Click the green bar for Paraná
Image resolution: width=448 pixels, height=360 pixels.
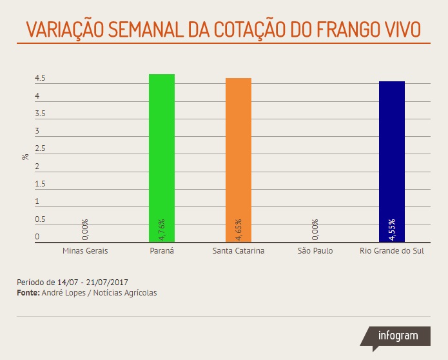click(x=162, y=155)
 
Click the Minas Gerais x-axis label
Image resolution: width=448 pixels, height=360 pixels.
click(x=85, y=250)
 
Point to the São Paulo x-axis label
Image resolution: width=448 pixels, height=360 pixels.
click(x=315, y=250)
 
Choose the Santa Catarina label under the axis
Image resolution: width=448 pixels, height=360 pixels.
click(x=239, y=250)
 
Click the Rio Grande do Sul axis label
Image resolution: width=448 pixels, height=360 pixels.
click(x=392, y=250)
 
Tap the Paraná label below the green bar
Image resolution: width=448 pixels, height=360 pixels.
click(x=162, y=250)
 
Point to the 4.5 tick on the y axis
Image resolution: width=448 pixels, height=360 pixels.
click(x=41, y=79)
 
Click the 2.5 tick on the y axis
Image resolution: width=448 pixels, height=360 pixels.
click(x=41, y=149)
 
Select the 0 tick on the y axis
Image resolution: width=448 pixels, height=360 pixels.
click(x=37, y=237)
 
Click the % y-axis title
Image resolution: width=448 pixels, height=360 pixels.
click(x=26, y=157)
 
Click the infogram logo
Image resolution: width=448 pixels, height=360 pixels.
click(x=398, y=336)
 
